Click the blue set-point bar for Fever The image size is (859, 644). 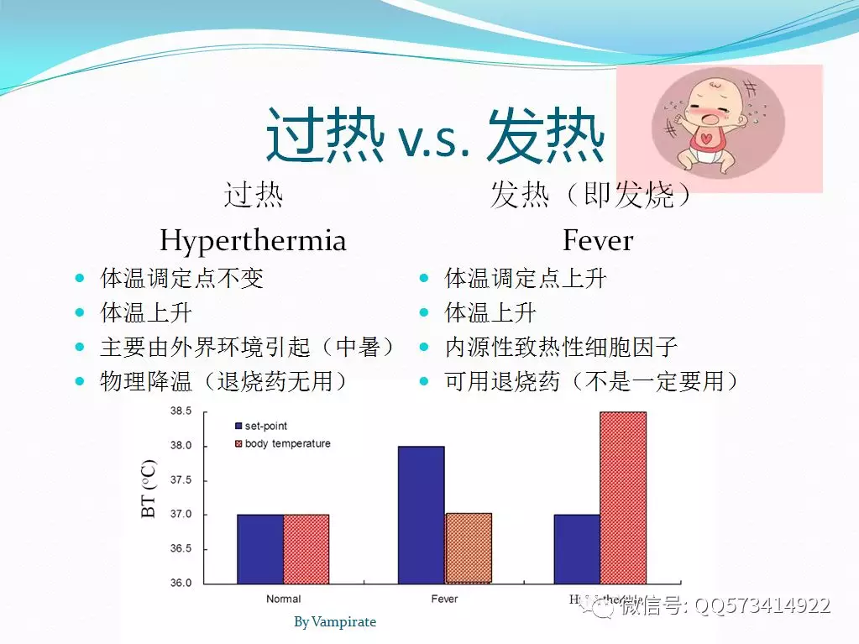421,514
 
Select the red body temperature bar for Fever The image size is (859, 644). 468,547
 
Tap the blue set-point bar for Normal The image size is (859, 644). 260,547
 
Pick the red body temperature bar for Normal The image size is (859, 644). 306,547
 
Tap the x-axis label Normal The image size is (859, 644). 283,599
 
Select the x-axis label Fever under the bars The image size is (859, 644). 444,599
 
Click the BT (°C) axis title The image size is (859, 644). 150,489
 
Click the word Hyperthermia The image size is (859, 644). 252,241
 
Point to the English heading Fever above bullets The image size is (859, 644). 598,241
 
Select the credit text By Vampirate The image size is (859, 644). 335,622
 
